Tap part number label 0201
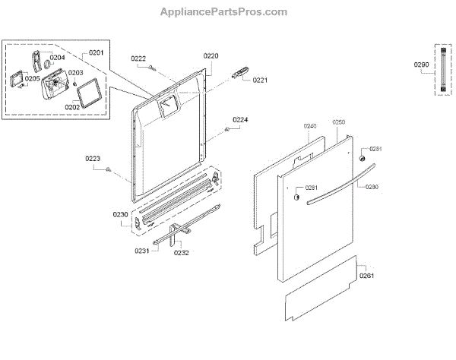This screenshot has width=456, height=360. click(97, 52)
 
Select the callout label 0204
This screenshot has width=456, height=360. click(58, 57)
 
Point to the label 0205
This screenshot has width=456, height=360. click(33, 78)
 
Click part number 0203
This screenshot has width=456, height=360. click(76, 73)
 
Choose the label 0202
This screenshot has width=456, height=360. click(72, 106)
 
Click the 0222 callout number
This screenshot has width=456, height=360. click(138, 58)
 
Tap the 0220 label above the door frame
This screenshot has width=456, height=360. click(211, 55)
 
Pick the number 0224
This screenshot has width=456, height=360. click(240, 120)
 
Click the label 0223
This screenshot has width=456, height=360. click(93, 158)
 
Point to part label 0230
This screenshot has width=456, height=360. click(121, 215)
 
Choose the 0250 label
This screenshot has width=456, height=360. click(339, 122)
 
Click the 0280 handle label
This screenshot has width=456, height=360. click(372, 186)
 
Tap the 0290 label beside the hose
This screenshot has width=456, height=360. click(421, 66)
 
